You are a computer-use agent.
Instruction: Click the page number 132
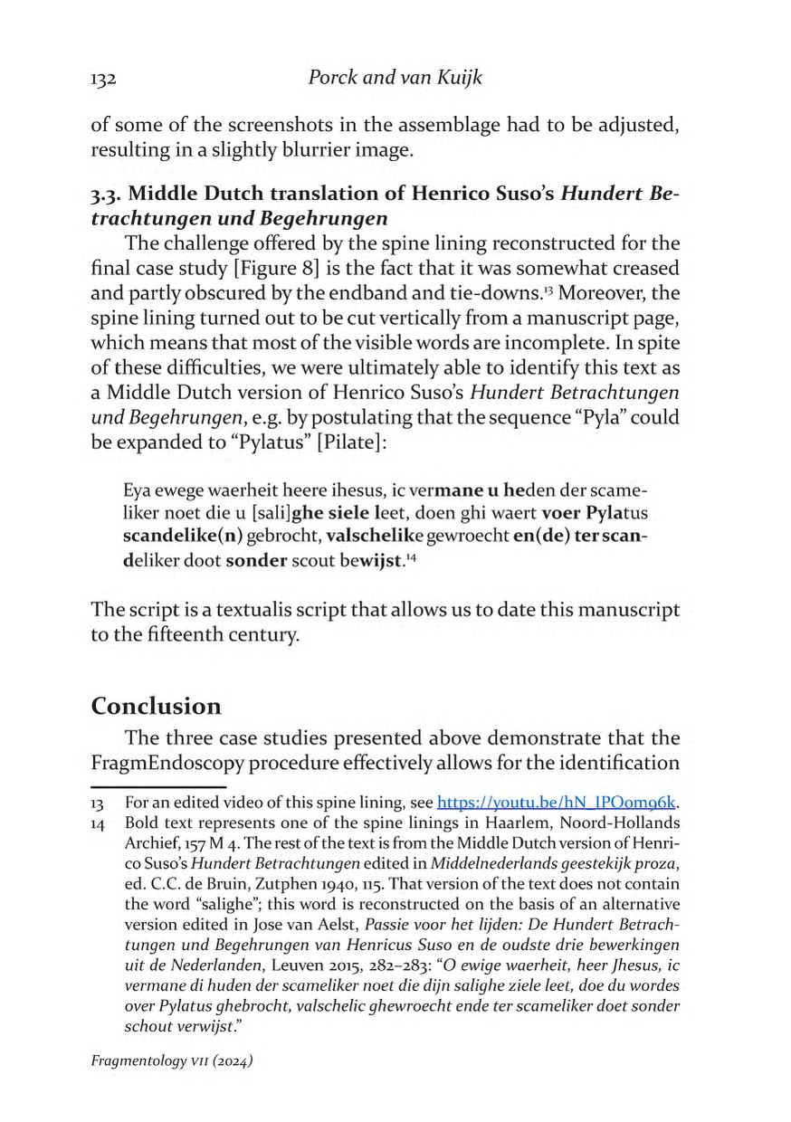[105, 79]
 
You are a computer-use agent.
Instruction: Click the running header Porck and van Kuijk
[395, 78]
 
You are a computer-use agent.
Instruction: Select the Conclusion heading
[157, 706]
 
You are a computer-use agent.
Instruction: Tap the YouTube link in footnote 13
[558, 802]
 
